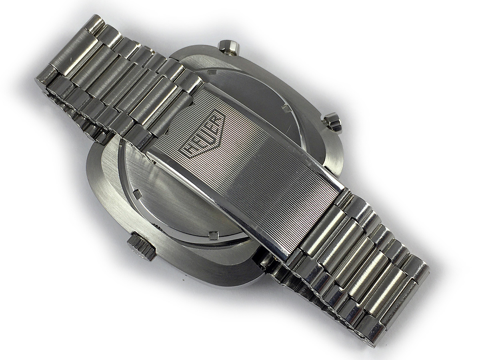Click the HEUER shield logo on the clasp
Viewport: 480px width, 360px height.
pyautogui.click(x=203, y=137)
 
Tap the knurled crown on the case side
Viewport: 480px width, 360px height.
pyautogui.click(x=141, y=246)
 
